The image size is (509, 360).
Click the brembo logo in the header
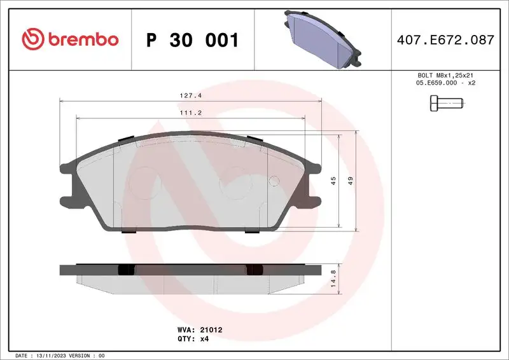[70, 39]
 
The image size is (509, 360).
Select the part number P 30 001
[192, 40]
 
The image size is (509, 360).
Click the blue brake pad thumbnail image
[321, 39]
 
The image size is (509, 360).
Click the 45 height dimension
[333, 181]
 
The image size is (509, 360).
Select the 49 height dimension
[350, 181]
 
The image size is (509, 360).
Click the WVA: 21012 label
[199, 330]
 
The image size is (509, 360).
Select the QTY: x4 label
[193, 339]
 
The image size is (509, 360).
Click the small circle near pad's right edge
[274, 181]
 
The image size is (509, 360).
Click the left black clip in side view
[127, 270]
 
